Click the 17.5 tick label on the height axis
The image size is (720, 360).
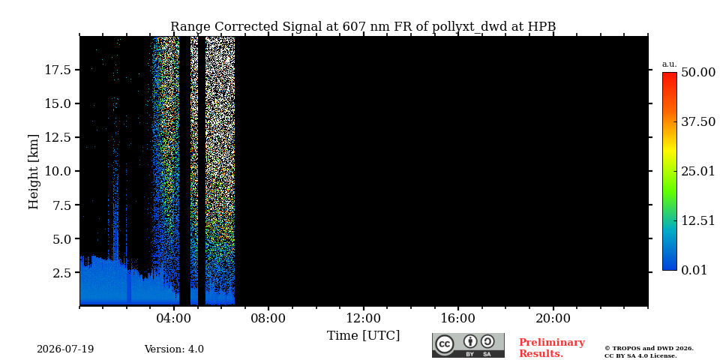(58, 70)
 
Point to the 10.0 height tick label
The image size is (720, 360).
(58, 171)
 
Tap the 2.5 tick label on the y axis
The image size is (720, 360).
(61, 273)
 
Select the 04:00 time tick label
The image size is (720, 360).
(174, 318)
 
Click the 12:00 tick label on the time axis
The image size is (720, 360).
(364, 318)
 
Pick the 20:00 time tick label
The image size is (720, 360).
(553, 318)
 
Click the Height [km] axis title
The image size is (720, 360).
(34, 172)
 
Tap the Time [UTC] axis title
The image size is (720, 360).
(363, 336)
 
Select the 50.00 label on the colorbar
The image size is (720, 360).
(698, 73)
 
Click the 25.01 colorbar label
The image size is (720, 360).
(698, 172)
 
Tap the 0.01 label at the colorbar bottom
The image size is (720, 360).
(694, 270)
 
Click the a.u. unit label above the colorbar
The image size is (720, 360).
(670, 64)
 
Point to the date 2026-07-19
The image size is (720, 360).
(65, 349)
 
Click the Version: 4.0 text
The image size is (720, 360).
(174, 349)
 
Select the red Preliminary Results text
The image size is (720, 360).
(552, 348)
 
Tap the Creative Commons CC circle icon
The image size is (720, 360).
(445, 345)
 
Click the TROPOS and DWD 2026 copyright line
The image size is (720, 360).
(649, 349)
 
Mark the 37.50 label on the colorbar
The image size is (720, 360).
(698, 122)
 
